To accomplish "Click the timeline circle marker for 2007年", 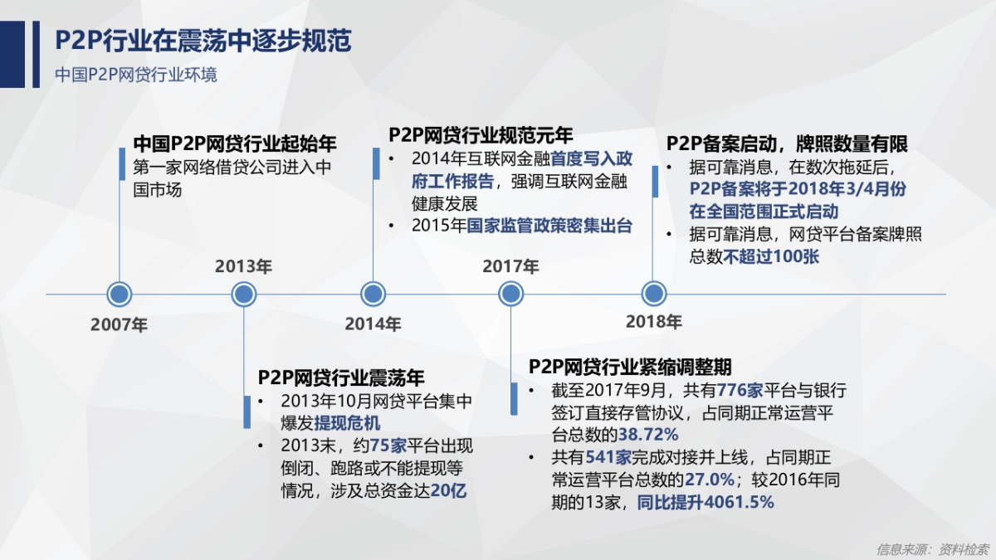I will (120, 294).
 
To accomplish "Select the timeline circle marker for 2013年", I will (244, 294).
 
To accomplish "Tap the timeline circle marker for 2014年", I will (373, 294).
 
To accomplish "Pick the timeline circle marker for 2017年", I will (510, 294).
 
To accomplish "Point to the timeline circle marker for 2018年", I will (654, 294).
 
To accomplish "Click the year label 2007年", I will (120, 324).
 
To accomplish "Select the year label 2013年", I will (243, 266).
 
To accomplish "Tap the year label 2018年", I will (654, 321).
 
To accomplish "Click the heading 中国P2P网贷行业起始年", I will (235, 142).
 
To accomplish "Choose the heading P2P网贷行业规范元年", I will (481, 135).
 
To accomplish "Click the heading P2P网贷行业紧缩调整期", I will (630, 367).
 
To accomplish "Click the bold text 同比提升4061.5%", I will (705, 502).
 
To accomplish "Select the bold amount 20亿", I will (449, 490).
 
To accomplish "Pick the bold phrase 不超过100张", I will (771, 256).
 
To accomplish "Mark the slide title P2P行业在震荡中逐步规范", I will (203, 41).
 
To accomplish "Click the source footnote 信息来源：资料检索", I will (932, 549).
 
